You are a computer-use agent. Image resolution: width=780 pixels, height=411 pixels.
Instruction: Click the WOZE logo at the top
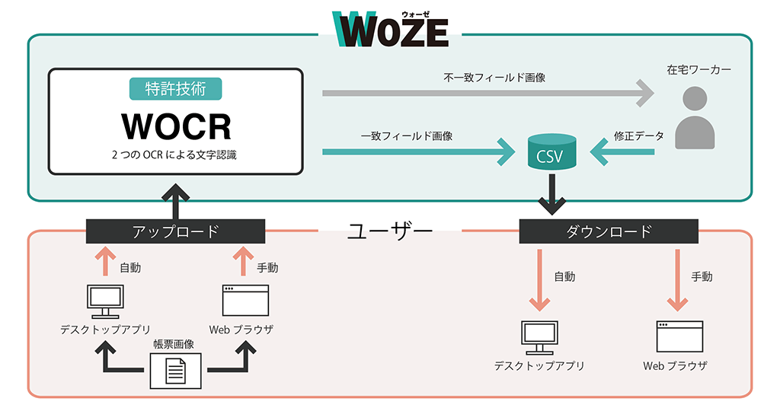tap(391, 29)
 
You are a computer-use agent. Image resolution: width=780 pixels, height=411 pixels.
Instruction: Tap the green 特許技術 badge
tap(176, 89)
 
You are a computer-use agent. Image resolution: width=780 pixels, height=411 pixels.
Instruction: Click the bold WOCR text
tap(177, 127)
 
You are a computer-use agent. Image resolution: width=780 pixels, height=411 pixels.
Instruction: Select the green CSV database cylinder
tap(551, 151)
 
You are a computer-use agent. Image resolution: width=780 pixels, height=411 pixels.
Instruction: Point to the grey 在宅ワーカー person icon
tap(695, 118)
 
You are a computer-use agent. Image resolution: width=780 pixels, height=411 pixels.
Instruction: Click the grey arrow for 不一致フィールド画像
tap(488, 93)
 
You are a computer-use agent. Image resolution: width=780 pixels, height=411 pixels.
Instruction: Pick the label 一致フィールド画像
tap(407, 136)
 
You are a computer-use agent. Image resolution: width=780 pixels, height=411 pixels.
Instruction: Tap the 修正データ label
tap(639, 135)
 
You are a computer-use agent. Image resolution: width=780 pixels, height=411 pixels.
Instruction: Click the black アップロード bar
tap(176, 231)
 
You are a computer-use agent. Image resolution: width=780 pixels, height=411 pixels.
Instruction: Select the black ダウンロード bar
tap(609, 231)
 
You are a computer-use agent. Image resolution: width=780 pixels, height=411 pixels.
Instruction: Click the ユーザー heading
tap(389, 231)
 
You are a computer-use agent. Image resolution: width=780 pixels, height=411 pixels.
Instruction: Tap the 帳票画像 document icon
tap(176, 371)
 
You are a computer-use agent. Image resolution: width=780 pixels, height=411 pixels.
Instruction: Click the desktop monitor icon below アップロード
tap(105, 301)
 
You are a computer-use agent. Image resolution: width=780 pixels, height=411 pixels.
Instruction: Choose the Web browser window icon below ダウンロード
tap(679, 336)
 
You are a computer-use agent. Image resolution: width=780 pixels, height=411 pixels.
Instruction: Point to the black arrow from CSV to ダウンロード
tap(551, 194)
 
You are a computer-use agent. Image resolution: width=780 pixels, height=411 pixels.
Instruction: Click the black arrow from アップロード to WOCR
tap(176, 201)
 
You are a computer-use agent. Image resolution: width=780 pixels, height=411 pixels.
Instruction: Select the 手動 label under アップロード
tap(267, 268)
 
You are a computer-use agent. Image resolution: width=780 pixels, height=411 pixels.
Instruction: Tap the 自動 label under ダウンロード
tap(564, 276)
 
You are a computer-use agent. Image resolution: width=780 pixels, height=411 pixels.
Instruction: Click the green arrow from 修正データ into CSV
tap(622, 151)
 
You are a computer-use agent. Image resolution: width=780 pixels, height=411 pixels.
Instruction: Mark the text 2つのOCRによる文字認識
tap(174, 155)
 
